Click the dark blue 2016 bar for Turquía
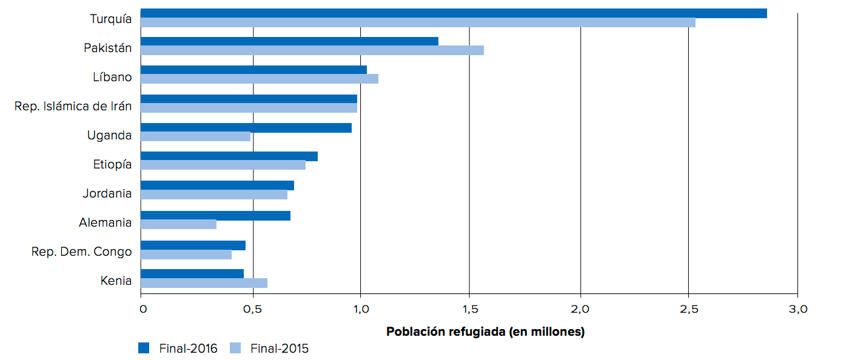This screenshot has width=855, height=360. (x=454, y=13)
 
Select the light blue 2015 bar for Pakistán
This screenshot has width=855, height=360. (x=312, y=50)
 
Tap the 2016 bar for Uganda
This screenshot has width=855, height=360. (x=246, y=128)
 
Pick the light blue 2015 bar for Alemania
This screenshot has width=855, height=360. (x=178, y=224)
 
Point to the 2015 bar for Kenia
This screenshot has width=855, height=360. (x=204, y=283)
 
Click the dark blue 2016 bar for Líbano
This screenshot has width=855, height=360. (x=253, y=70)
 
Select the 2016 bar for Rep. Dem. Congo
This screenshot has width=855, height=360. (x=193, y=245)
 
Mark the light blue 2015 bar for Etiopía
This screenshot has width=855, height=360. (x=223, y=165)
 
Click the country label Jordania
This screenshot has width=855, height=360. (x=107, y=194)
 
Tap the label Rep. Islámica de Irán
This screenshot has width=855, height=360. (x=73, y=107)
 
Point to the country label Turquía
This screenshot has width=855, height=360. (x=111, y=19)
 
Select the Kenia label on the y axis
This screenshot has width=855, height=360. (x=116, y=281)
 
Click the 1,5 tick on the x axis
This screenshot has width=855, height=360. (x=469, y=310)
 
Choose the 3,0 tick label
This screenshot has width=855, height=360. (x=798, y=310)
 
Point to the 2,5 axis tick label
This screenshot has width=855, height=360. (x=688, y=310)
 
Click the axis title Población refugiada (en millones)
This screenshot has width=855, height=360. (x=485, y=332)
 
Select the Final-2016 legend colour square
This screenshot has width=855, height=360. (x=144, y=348)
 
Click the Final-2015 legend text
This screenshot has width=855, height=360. (x=280, y=348)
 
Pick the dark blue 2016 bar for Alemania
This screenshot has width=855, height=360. (x=215, y=216)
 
